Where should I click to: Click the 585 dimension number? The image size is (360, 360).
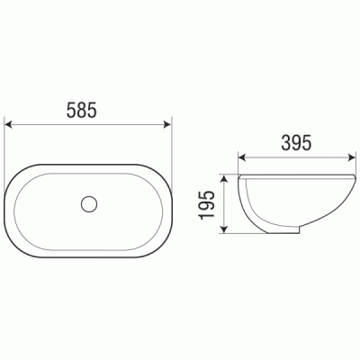point(82,110)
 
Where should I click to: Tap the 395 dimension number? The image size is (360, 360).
point(296,142)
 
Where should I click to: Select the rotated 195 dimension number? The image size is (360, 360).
point(207,204)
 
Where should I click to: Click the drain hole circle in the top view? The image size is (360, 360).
point(89,204)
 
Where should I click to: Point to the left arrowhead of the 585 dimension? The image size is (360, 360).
point(9,124)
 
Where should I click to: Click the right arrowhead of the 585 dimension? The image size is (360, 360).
point(166,124)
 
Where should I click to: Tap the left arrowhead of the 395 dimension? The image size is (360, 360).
point(242,157)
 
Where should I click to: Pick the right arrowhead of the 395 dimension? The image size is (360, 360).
point(351,157)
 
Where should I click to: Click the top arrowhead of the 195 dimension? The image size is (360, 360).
point(223,179)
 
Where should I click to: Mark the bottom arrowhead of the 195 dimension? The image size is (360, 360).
point(223,229)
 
